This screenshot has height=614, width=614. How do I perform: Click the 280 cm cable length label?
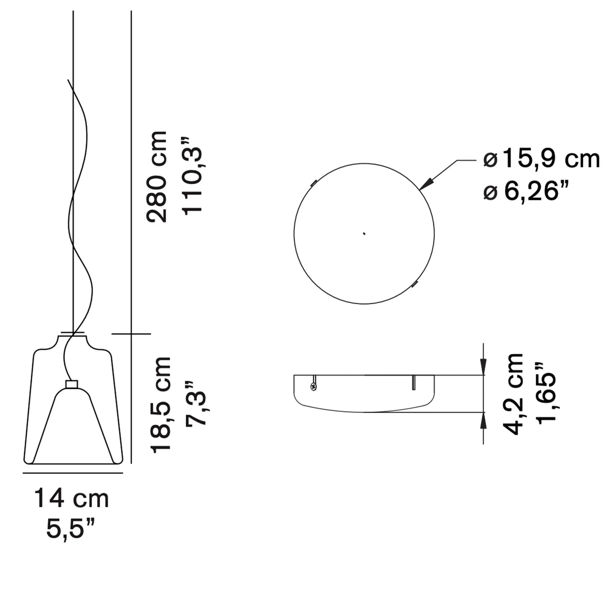[x=157, y=177]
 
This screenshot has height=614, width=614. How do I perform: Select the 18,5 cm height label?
[x=161, y=405]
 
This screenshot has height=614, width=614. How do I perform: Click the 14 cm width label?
[x=72, y=499]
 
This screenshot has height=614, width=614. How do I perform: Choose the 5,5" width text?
[x=71, y=529]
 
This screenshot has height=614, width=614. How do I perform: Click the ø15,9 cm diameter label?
[x=542, y=159]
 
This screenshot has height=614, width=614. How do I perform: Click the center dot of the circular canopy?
[x=364, y=234]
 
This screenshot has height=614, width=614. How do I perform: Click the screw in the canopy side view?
[x=313, y=387]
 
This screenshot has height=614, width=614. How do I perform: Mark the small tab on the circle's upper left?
[x=314, y=183]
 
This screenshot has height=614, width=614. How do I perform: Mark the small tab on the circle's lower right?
[x=415, y=284]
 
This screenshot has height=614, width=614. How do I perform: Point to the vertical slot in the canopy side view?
[x=414, y=382]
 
